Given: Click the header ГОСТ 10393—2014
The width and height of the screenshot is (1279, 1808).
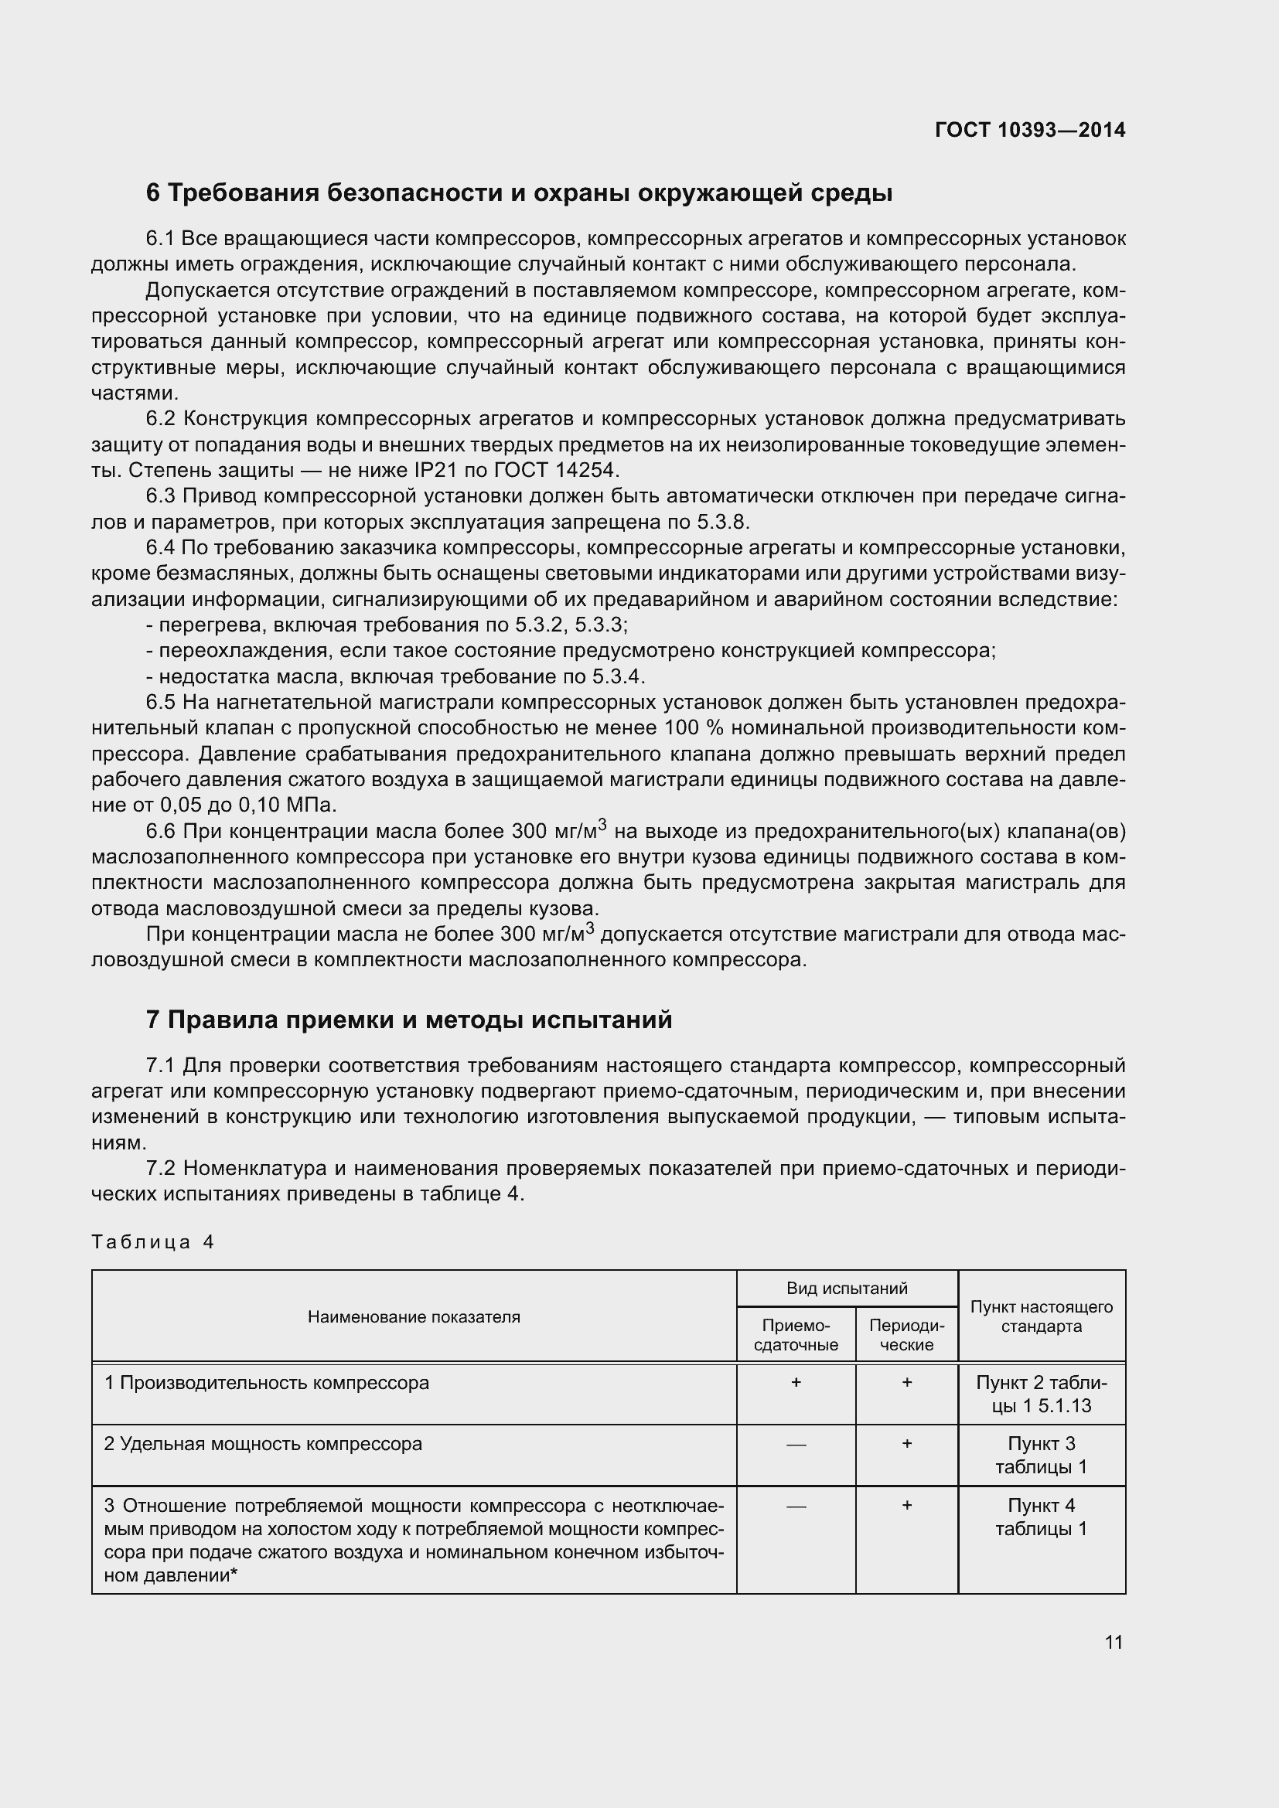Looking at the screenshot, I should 1029,130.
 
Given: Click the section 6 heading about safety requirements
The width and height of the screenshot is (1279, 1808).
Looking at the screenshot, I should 519,193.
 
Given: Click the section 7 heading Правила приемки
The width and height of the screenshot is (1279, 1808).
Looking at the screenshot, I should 409,1020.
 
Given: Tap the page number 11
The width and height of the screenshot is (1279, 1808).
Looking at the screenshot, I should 1113,1642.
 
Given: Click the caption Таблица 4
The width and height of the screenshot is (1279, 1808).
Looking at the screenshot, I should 153,1242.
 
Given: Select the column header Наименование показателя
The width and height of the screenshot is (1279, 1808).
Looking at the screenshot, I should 414,1316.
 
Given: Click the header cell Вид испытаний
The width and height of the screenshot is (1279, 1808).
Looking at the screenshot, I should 847,1289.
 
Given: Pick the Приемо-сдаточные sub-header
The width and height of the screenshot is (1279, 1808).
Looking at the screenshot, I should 796,1335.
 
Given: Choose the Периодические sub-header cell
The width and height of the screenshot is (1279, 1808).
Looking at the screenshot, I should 906,1335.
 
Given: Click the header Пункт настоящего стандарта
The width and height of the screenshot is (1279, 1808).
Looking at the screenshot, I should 1041,1316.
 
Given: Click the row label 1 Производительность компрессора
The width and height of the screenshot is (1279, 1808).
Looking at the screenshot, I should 267,1383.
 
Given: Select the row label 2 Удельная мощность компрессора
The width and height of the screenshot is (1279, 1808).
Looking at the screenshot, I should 263,1444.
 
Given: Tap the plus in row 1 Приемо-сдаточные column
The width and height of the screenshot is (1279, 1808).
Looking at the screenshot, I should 796,1382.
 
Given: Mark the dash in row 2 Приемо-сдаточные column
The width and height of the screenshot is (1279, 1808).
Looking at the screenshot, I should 796,1444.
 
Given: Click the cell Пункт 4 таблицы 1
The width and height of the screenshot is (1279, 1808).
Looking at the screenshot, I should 1041,1517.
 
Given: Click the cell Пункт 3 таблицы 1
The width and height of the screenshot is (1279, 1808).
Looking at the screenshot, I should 1041,1456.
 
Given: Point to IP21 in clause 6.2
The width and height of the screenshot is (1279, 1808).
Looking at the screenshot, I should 434,471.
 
